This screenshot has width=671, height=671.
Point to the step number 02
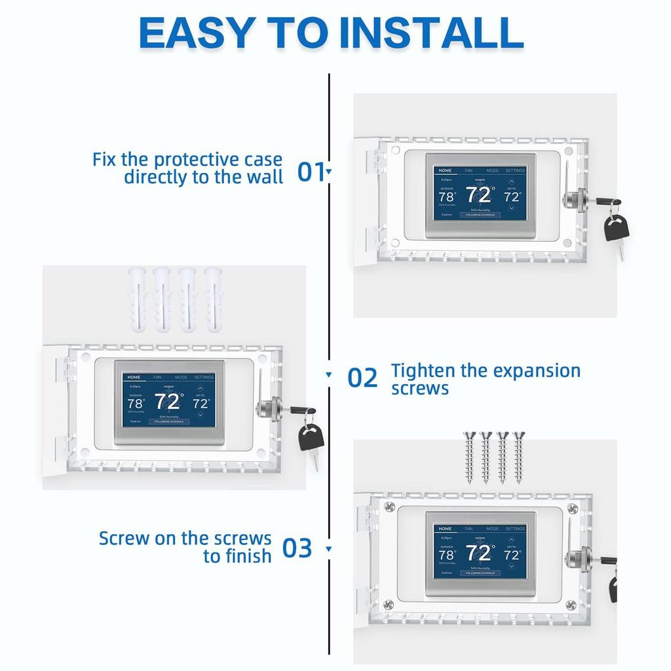point(362,378)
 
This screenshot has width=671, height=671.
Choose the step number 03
point(297,548)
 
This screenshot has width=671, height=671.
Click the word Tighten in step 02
point(423,371)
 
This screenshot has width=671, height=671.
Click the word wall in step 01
point(263,177)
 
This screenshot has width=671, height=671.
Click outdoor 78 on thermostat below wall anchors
point(134,403)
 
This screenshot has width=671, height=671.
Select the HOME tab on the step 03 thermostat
point(445,529)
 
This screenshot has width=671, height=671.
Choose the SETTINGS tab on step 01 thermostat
point(515,170)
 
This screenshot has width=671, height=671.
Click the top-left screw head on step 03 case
point(389,507)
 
